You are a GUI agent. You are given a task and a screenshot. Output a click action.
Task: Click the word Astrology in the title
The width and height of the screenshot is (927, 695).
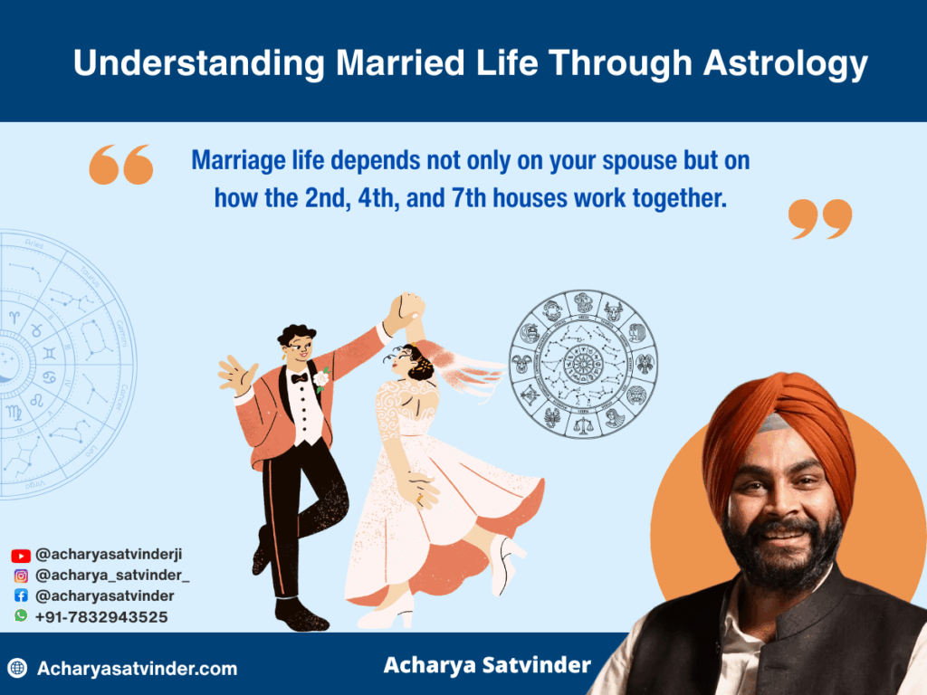(x=785, y=64)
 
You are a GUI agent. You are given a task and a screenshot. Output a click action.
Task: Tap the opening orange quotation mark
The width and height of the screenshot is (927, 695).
(x=121, y=165)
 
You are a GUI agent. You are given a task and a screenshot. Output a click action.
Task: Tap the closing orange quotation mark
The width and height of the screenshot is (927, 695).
(x=820, y=219)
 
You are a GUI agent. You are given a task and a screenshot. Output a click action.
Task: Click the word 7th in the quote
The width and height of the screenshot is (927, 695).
(x=469, y=198)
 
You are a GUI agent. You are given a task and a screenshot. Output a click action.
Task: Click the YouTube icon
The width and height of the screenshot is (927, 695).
(x=21, y=556)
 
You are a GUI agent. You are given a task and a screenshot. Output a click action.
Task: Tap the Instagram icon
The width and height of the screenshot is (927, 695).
(x=21, y=576)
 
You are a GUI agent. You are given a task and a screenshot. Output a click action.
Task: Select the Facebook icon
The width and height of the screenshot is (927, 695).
(x=21, y=595)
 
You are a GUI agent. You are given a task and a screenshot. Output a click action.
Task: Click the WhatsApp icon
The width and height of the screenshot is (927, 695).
(x=21, y=615)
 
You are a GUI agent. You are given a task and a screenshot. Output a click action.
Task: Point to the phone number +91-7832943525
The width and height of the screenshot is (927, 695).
(x=101, y=617)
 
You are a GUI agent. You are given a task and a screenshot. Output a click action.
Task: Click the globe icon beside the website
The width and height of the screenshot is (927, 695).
(x=17, y=668)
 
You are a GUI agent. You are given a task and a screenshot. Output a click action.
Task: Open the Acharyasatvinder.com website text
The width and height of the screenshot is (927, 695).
(x=138, y=669)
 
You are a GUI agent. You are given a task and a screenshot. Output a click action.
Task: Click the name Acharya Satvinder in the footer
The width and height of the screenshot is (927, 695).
(x=487, y=665)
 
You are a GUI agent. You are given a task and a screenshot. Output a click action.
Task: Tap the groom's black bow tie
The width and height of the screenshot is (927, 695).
(x=299, y=378)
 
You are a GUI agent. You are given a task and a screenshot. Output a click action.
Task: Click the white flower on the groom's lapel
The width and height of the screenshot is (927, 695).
(x=321, y=378)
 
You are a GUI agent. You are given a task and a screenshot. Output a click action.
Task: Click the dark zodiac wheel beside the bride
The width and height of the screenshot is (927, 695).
(x=583, y=364)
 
